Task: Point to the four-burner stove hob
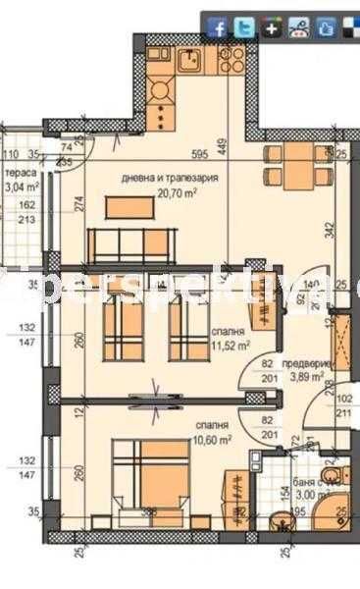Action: coord(161,91)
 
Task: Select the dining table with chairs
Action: coord(297,169)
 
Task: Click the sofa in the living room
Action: coord(131,241)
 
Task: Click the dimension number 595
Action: coord(200,154)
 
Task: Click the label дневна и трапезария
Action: coord(169,179)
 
